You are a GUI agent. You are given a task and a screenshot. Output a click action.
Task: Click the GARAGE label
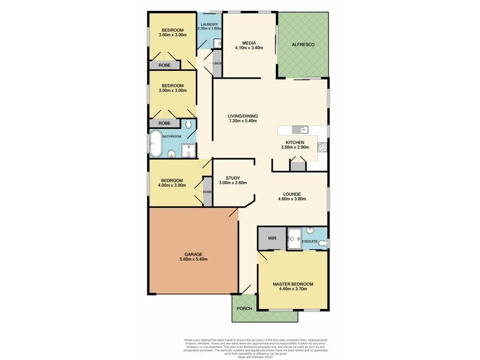(193, 254)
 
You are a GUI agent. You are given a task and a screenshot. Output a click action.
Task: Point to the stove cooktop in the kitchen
(323, 146)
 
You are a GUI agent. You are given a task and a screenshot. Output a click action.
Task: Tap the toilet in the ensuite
(323, 243)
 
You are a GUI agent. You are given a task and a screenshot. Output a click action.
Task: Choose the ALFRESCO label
(303, 44)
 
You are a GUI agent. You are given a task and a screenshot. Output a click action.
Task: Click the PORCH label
(244, 308)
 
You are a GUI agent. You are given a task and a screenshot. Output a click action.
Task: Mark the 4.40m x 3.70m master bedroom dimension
(293, 289)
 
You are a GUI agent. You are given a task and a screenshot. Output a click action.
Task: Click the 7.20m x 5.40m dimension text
(242, 121)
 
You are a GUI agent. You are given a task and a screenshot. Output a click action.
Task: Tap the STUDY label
(233, 178)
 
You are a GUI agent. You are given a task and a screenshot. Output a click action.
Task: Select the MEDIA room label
(249, 43)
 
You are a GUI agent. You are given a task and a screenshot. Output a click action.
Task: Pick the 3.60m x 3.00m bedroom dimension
(172, 35)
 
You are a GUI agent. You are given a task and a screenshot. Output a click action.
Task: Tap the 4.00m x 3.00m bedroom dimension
(172, 185)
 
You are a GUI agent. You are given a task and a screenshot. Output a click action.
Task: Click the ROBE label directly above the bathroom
(164, 123)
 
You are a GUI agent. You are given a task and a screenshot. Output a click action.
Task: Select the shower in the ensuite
(295, 239)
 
